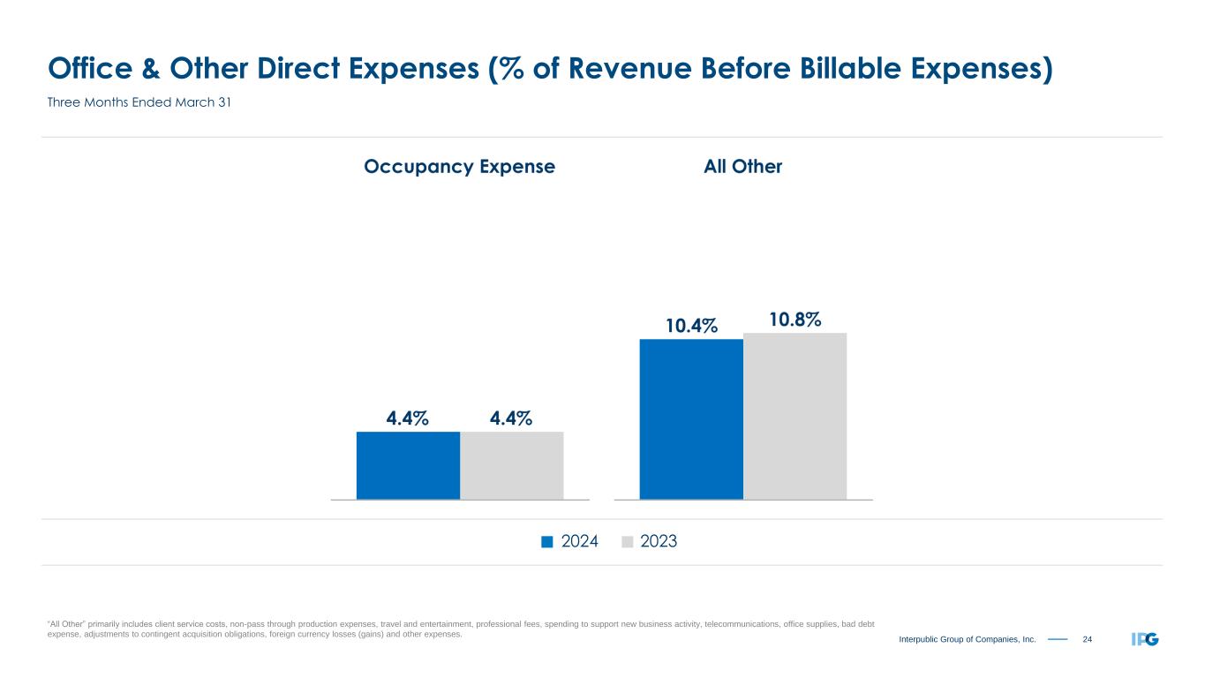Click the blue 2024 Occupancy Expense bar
pos(408,465)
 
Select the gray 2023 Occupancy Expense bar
pos(512,465)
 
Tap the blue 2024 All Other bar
pos(691,419)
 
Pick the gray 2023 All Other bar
pos(795,416)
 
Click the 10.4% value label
pos(692,327)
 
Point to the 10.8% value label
pos(795,319)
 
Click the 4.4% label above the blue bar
pos(408,418)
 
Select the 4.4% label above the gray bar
pos(511,418)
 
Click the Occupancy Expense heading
pos(459,167)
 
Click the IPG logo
pos(1144,639)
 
